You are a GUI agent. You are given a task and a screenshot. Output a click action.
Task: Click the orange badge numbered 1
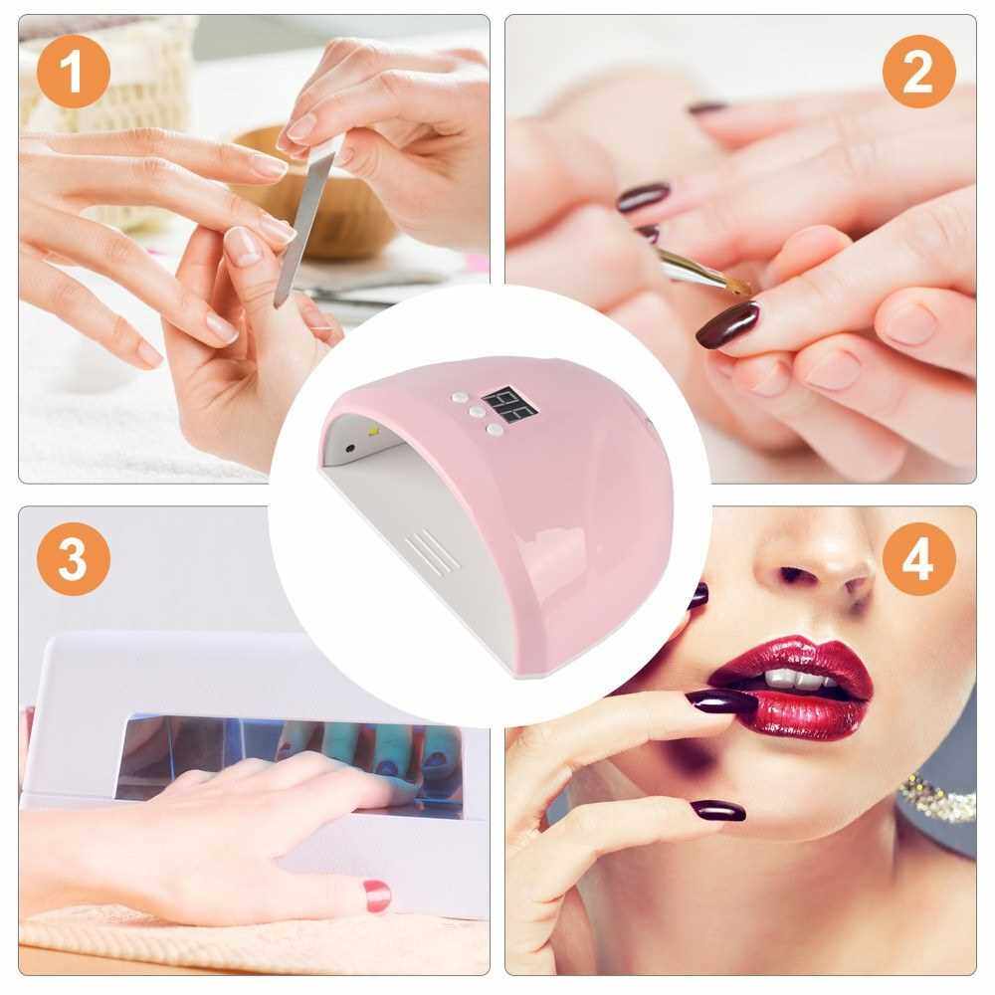click(73, 71)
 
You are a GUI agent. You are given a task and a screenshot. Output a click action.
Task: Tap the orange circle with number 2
click(918, 71)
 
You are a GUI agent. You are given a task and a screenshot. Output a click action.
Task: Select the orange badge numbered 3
click(73, 558)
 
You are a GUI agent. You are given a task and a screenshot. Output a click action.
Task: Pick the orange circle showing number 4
click(918, 558)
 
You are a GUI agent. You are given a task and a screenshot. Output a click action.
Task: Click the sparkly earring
click(938, 796)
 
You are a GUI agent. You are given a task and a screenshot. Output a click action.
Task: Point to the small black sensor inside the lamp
click(349, 448)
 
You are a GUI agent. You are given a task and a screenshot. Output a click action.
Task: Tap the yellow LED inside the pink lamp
click(372, 432)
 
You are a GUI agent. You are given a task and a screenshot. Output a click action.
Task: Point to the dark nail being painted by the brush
click(727, 324)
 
